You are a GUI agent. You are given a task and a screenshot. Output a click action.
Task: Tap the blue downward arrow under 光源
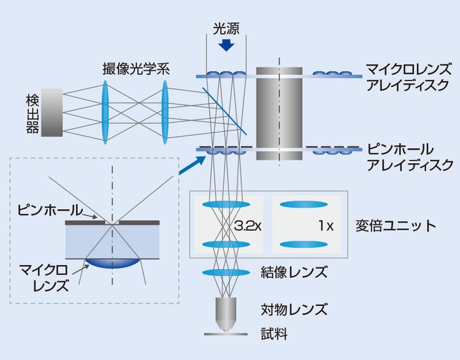click(226, 45)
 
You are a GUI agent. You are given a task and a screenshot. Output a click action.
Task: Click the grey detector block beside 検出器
click(52, 112)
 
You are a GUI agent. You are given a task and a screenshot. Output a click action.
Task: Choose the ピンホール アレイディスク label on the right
click(408, 157)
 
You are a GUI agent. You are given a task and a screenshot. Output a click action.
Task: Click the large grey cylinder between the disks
click(279, 113)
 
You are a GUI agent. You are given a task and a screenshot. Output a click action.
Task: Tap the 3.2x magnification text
click(248, 226)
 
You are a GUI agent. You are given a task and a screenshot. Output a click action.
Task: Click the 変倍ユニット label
click(395, 226)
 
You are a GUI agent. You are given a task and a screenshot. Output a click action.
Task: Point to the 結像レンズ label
click(297, 272)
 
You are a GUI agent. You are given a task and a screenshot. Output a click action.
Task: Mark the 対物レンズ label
click(297, 309)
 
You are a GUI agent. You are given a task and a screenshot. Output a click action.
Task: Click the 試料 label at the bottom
click(274, 334)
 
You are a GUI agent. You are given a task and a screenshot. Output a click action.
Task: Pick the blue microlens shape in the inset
click(113, 264)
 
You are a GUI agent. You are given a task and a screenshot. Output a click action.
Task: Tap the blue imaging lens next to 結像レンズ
click(226, 272)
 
